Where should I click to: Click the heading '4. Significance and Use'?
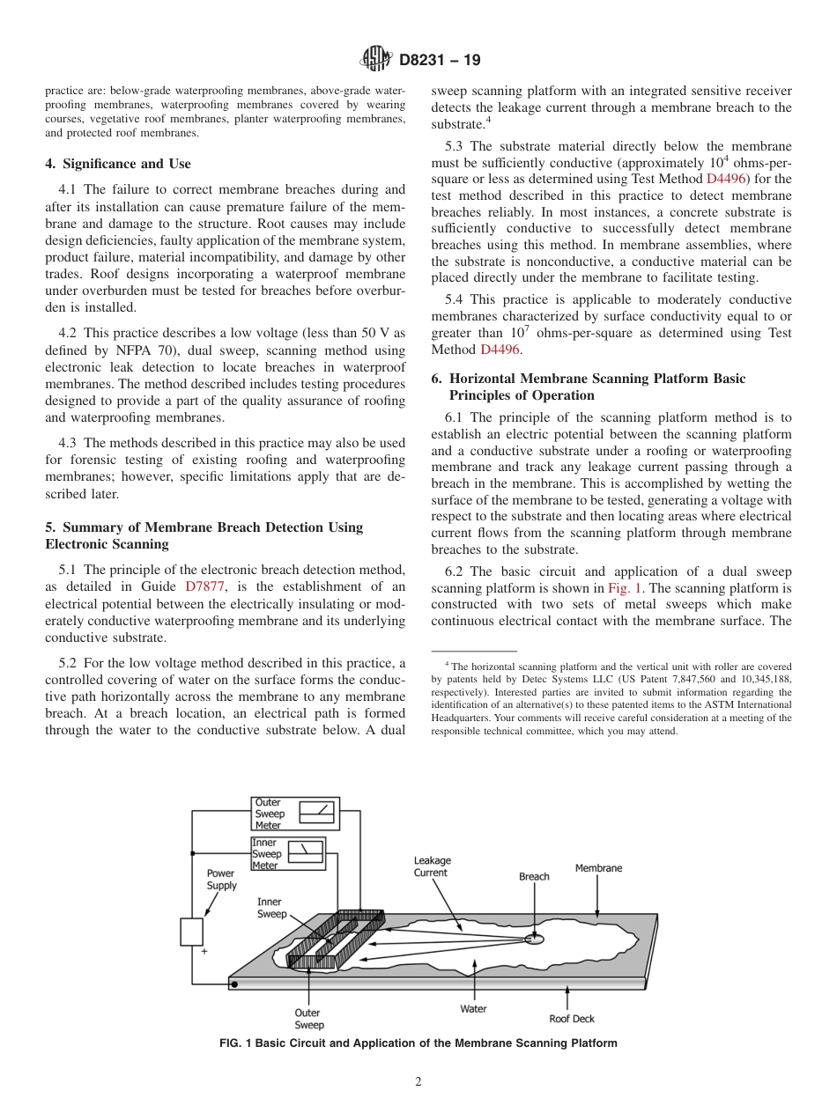(x=118, y=164)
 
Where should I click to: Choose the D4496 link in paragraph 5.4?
(x=500, y=350)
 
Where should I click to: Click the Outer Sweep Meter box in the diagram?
(x=295, y=814)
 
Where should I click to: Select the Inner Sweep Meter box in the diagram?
(x=287, y=854)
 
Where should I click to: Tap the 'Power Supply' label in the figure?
(x=221, y=880)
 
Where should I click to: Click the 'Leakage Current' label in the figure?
(x=432, y=866)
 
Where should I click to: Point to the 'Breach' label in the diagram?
(x=534, y=876)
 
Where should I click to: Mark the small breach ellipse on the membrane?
(x=534, y=939)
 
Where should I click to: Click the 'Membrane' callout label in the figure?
(x=598, y=868)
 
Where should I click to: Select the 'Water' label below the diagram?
(x=473, y=1009)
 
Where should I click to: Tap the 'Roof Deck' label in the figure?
(x=572, y=1019)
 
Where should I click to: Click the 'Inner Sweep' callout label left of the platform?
(x=271, y=908)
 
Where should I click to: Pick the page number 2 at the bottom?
(x=418, y=1082)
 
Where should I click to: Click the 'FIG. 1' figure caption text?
(x=418, y=1043)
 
